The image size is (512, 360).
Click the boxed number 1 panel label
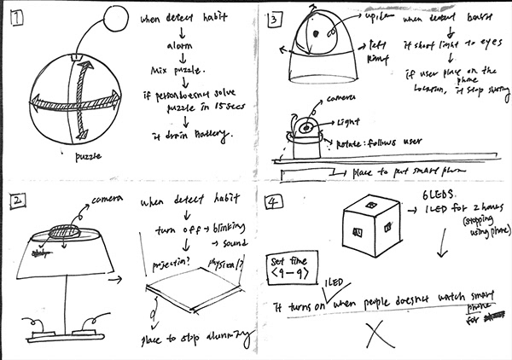tap(17, 15)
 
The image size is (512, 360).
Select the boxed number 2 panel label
tap(16, 202)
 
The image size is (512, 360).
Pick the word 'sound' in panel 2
tap(230, 244)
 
